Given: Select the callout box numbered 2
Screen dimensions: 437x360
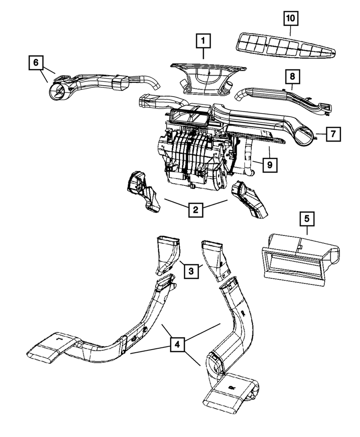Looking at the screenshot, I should click(195, 210).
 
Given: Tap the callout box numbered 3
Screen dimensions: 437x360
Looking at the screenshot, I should click(191, 271).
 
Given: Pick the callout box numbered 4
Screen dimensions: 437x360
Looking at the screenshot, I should click(177, 344).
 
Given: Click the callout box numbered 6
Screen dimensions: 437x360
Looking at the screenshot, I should click(36, 63).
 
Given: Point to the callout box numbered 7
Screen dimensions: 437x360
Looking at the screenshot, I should click(332, 134).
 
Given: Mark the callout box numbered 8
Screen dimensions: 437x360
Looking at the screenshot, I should click(292, 77).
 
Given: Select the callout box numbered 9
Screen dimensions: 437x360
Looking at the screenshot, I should click(270, 165).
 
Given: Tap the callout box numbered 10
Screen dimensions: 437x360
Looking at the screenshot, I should click(291, 19).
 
